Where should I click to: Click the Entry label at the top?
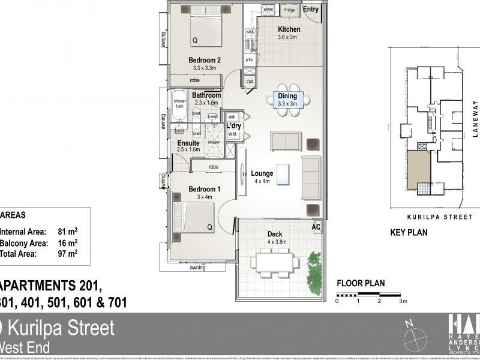pos(310,10)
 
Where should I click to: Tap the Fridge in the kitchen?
pos(289,10)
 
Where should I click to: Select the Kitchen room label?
pos(289,29)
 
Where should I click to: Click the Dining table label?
pos(287,96)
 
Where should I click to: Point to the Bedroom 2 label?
pos(205,59)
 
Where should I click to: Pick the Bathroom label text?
pos(206,95)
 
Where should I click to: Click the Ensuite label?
pos(188,143)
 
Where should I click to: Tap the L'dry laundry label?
pos(233,125)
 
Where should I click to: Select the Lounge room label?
pos(262,174)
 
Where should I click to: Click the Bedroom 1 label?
pos(204,189)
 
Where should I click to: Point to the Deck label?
pos(275,234)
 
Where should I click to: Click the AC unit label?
pos(316,227)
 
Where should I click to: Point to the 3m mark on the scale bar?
pos(403,301)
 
